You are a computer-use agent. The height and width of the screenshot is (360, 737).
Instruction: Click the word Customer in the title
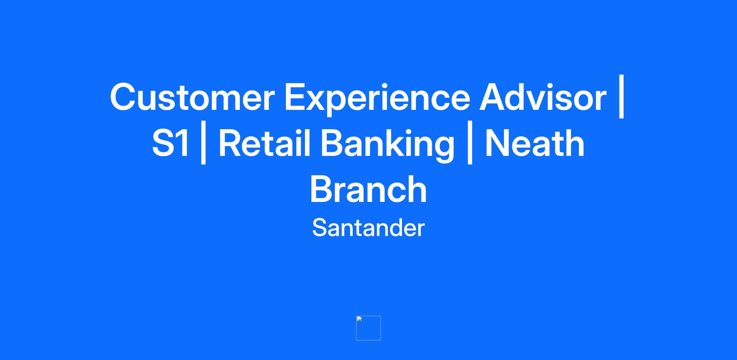pos(192,97)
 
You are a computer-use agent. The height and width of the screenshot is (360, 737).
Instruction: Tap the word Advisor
pos(543,97)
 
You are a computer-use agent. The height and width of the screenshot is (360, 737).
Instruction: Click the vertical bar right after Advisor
pos(622,96)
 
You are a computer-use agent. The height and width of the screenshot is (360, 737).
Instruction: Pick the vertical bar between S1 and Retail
pos(203,142)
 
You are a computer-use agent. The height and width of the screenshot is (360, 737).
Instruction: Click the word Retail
pos(264,143)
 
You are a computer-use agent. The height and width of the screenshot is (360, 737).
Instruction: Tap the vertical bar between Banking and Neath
pos(470,142)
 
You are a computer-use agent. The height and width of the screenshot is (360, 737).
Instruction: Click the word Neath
pos(535,143)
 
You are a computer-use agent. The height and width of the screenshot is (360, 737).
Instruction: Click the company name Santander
pos(368,228)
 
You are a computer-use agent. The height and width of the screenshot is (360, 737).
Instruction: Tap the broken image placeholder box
pos(368,328)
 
